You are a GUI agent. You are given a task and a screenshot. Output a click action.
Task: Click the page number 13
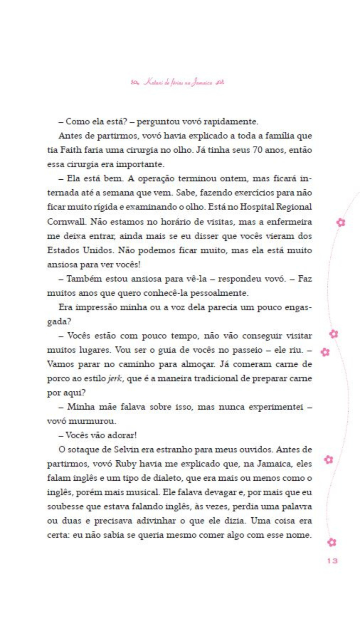tap(332, 561)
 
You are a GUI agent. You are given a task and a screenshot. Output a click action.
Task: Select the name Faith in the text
tap(71, 150)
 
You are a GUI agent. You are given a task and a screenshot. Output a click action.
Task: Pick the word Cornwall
tap(67, 222)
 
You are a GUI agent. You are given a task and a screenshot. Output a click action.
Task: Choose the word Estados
tap(63, 250)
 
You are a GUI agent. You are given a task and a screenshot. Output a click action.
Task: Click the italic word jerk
tap(115, 379)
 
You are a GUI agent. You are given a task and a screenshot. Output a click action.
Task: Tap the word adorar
tap(122, 435)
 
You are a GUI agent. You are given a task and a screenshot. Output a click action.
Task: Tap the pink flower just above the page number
tap(332, 542)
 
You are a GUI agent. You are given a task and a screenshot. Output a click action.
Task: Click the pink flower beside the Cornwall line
tap(341, 222)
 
